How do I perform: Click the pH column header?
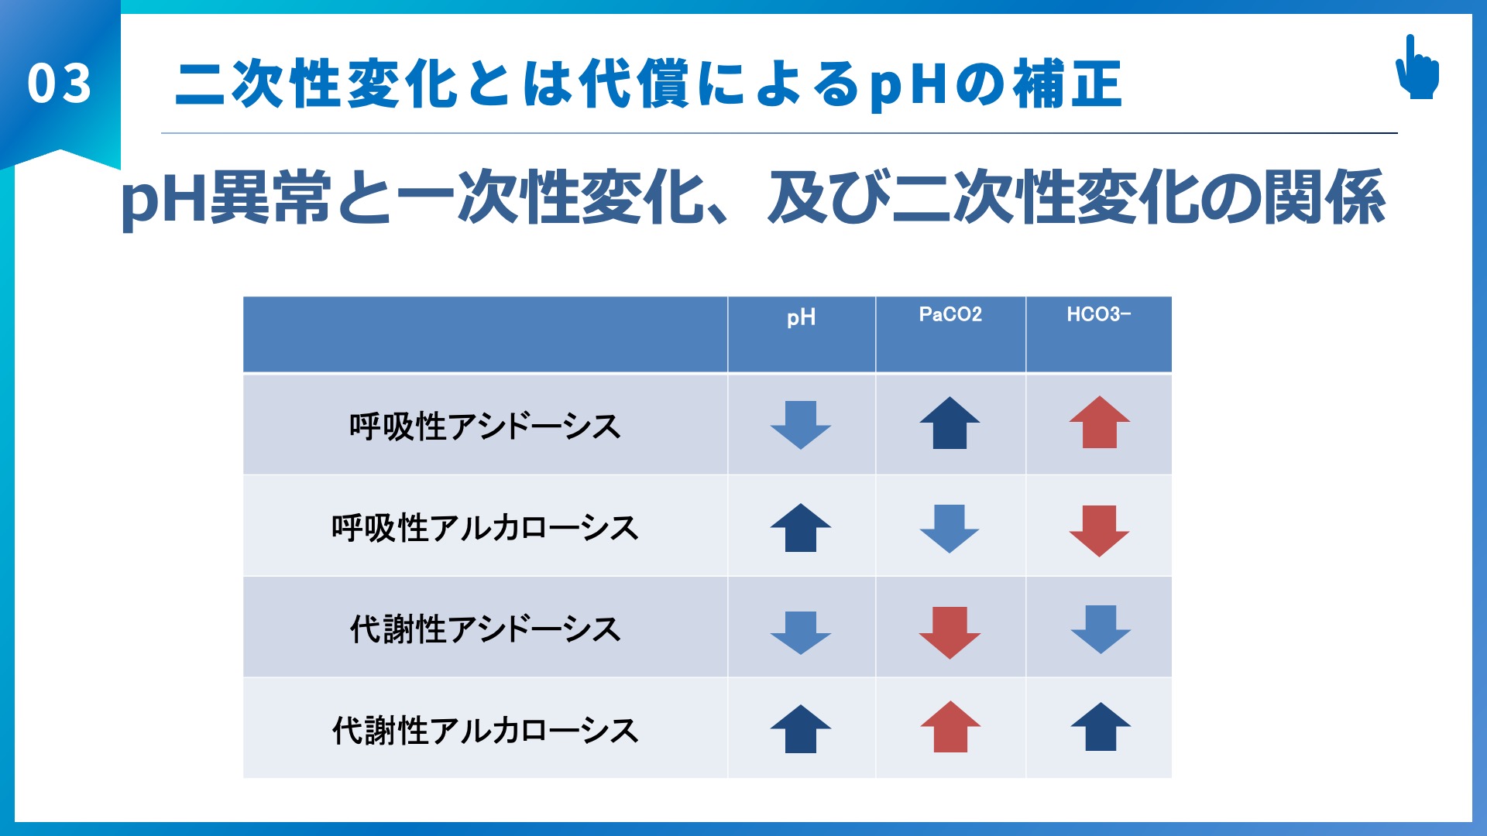coord(801,318)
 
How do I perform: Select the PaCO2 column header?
coord(950,314)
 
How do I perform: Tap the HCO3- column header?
coord(1098,314)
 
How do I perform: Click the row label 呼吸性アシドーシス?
coord(485,427)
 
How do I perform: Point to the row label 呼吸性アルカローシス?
coord(485,528)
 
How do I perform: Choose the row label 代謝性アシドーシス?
coord(485,629)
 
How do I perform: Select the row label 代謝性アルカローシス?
coord(485,730)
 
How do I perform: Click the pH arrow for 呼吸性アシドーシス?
coord(801,425)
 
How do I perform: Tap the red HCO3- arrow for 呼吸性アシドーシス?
coord(1100,423)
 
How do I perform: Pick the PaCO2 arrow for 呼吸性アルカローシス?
coord(950,529)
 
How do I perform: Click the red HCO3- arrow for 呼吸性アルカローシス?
coord(1100,531)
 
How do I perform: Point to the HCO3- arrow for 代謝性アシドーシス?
coord(1101,629)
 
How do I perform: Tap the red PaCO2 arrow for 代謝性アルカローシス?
coord(950,727)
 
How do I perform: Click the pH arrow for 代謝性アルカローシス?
coord(801,729)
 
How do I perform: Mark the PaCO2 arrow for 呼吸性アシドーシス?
coord(950,423)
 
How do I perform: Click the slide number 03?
coord(59,84)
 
